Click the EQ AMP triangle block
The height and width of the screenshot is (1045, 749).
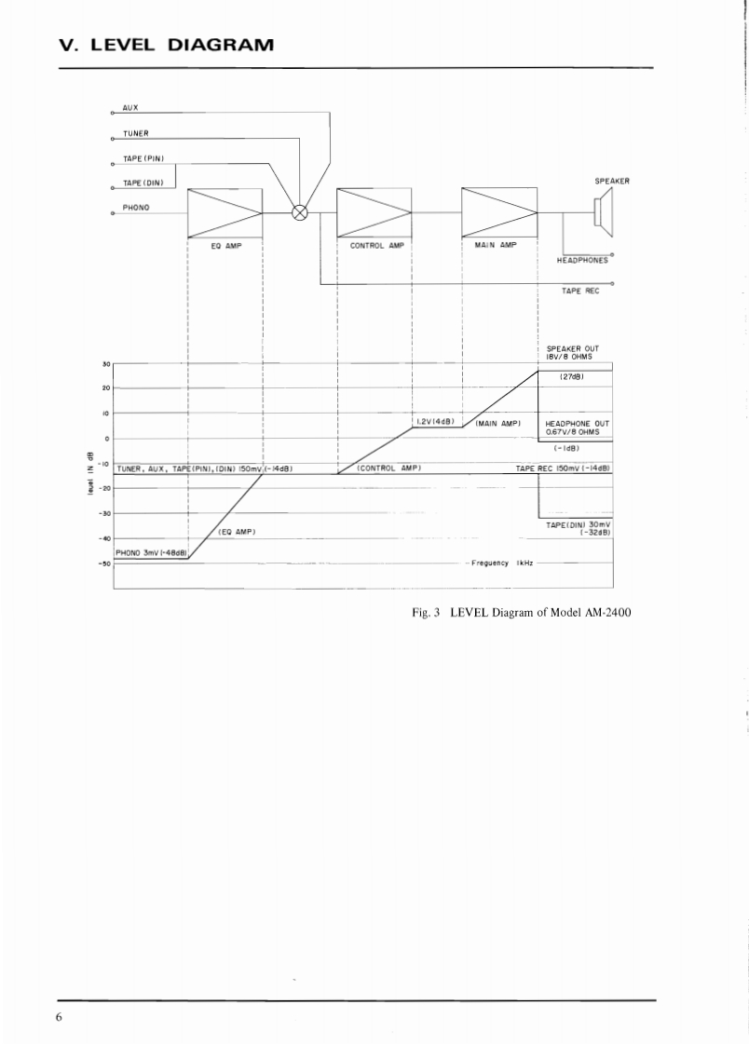pyautogui.click(x=225, y=212)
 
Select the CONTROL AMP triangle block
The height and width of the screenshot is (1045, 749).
pyautogui.click(x=374, y=212)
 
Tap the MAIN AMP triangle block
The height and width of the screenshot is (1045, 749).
pyautogui.click(x=499, y=212)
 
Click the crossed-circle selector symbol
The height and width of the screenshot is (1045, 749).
pyautogui.click(x=300, y=212)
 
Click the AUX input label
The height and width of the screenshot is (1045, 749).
pyautogui.click(x=130, y=108)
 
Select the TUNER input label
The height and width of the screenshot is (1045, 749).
pyautogui.click(x=136, y=133)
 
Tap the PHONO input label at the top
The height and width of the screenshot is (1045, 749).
pyautogui.click(x=136, y=207)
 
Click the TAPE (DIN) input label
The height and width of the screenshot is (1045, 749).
pyautogui.click(x=143, y=183)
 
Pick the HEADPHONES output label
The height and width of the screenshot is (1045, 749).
pyautogui.click(x=582, y=261)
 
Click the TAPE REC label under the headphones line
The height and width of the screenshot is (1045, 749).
pyautogui.click(x=579, y=291)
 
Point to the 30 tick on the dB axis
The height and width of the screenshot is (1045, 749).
pyautogui.click(x=106, y=363)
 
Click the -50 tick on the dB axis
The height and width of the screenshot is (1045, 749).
pyautogui.click(x=105, y=563)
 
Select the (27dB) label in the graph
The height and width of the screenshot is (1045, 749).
pyautogui.click(x=572, y=377)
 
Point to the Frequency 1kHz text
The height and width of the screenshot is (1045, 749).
pyautogui.click(x=501, y=563)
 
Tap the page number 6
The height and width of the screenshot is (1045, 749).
pyautogui.click(x=59, y=1016)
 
